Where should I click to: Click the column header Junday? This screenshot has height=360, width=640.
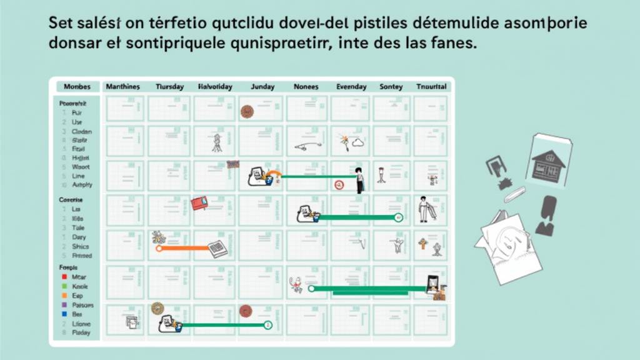pos(262,87)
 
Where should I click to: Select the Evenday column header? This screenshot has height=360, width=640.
pos(351,87)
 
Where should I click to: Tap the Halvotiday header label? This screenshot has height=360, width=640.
pos(214,87)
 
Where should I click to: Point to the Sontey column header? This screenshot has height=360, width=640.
pos(391,87)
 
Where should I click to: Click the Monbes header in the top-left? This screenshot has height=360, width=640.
pos(77,87)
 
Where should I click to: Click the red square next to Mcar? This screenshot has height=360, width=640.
pos(64,276)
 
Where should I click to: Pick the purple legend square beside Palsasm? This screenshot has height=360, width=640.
pos(64,305)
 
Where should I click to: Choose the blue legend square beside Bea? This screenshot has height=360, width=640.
pos(64,314)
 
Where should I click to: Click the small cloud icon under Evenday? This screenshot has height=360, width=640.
pos(358,142)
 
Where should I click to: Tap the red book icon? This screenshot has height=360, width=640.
pos(199,203)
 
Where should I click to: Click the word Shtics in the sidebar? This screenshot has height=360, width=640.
pos(82,247)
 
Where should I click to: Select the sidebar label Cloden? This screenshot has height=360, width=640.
pos(82,132)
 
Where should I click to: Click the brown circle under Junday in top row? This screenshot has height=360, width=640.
pos(247,111)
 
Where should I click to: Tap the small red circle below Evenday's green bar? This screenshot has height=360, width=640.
pos(339,184)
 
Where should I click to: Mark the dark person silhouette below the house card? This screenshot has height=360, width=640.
pos(547,215)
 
